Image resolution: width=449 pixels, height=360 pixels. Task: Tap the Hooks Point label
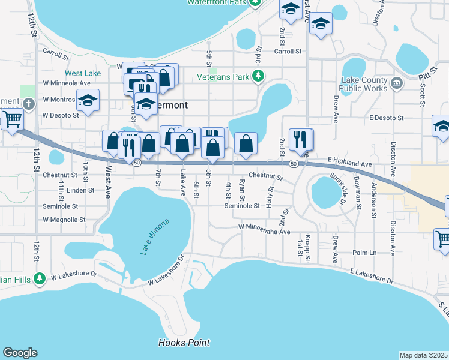click(184, 343)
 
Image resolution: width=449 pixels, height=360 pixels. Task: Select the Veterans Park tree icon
click(258, 76)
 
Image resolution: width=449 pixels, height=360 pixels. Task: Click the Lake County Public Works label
click(364, 85)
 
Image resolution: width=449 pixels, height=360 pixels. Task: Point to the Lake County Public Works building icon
click(396, 83)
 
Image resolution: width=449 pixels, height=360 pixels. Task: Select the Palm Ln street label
click(364, 253)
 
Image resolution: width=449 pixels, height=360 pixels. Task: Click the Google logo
click(20, 352)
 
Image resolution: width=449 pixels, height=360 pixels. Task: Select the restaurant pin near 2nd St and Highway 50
click(301, 139)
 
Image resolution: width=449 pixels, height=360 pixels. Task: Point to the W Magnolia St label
click(61, 220)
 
